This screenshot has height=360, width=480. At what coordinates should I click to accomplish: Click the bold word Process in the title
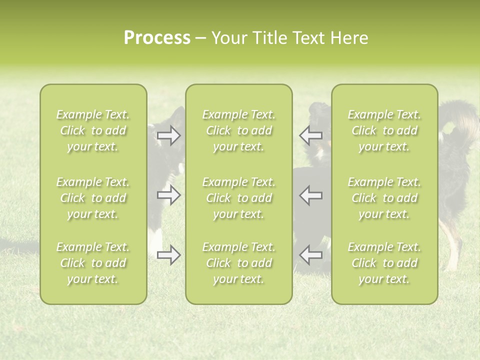pyautogui.click(x=157, y=38)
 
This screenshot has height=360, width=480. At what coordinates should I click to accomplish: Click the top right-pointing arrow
pyautogui.click(x=169, y=135)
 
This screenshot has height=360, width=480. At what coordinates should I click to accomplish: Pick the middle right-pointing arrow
pyautogui.click(x=169, y=195)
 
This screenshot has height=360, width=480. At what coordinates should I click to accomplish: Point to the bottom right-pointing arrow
pyautogui.click(x=169, y=255)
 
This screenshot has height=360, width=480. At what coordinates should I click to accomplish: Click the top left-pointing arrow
pyautogui.click(x=310, y=135)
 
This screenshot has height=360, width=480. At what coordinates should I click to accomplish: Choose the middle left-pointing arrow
pyautogui.click(x=310, y=195)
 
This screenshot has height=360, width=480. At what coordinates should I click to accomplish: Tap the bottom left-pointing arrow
pyautogui.click(x=310, y=255)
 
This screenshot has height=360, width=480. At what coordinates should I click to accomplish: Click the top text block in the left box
pyautogui.click(x=93, y=130)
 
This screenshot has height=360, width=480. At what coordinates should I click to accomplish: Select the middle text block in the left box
pyautogui.click(x=93, y=198)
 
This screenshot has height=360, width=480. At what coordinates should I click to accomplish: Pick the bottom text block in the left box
pyautogui.click(x=93, y=263)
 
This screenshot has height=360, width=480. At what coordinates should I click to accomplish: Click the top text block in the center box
pyautogui.click(x=238, y=130)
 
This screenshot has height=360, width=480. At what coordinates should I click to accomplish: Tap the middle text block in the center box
pyautogui.click(x=238, y=198)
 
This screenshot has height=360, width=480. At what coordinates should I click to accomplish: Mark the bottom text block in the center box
pyautogui.click(x=238, y=263)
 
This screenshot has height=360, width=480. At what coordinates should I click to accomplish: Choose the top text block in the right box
pyautogui.click(x=384, y=130)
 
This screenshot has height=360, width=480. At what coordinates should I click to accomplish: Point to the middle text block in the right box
pyautogui.click(x=384, y=198)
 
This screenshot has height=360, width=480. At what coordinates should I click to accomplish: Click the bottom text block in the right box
pyautogui.click(x=384, y=263)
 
